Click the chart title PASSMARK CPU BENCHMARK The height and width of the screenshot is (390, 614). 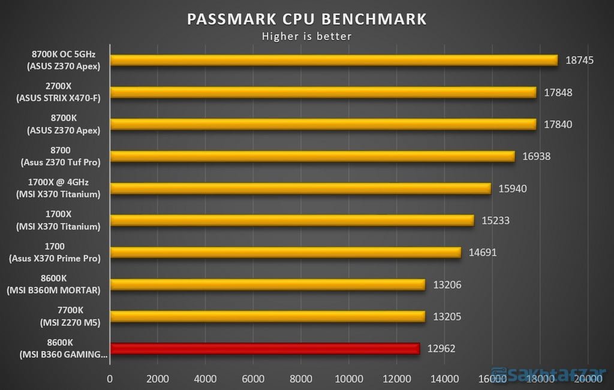(x=306, y=19)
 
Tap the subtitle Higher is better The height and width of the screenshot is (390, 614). (x=306, y=37)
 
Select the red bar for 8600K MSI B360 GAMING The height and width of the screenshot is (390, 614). (x=264, y=349)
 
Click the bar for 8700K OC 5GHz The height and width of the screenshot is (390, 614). (x=333, y=60)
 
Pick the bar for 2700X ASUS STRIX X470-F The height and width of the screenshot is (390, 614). (x=323, y=92)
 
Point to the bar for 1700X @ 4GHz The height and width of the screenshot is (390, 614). (x=300, y=188)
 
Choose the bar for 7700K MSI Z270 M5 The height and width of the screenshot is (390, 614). (x=267, y=316)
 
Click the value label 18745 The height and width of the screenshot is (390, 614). (x=579, y=61)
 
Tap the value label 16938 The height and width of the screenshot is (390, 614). (x=536, y=156)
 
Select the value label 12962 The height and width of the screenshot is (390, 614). (x=441, y=349)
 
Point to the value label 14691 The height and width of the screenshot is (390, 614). (x=482, y=252)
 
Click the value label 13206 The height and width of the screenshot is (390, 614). (x=447, y=285)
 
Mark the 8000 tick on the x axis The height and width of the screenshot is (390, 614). (x=301, y=379)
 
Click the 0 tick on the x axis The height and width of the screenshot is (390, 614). (x=110, y=379)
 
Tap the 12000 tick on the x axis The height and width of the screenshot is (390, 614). (x=397, y=379)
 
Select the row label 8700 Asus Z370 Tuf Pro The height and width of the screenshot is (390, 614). (x=55, y=156)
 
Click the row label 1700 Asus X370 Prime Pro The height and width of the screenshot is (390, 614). (x=55, y=252)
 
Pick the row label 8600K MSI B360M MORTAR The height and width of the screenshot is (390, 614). (x=55, y=285)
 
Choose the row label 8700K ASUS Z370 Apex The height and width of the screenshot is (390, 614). (x=55, y=124)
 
